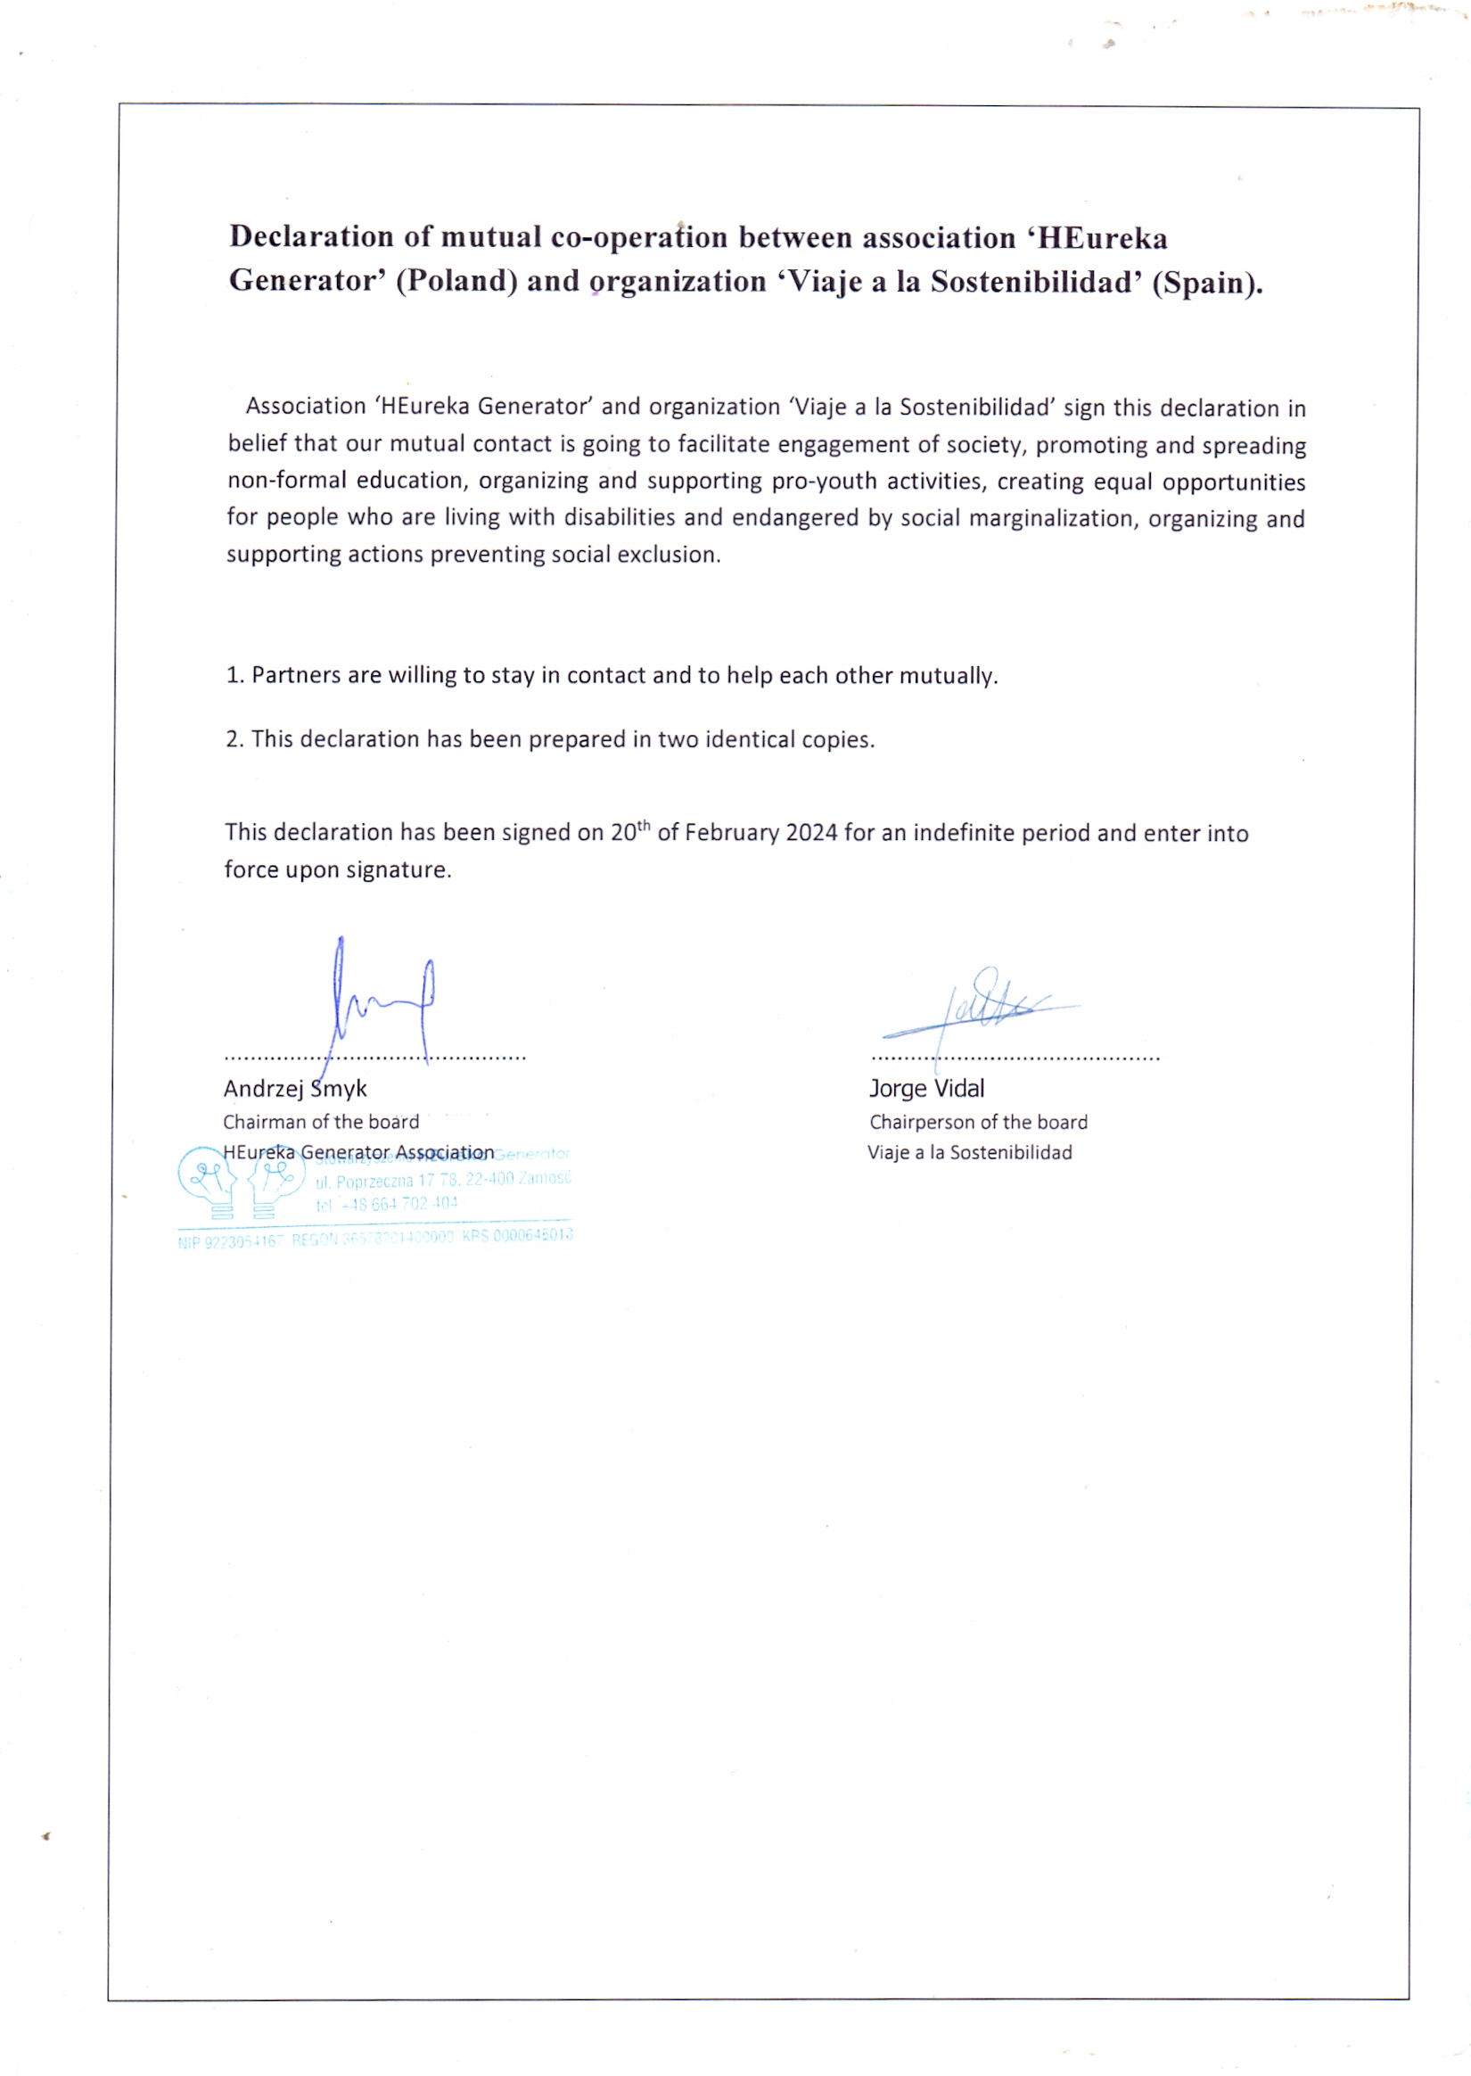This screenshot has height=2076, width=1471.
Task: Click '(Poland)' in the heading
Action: (x=456, y=281)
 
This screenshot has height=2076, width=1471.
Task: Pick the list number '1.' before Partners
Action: (x=234, y=676)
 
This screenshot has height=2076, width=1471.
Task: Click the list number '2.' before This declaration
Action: (x=234, y=739)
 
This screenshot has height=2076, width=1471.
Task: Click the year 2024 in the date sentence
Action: (x=810, y=833)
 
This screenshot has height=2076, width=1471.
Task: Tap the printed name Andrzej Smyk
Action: (x=295, y=1089)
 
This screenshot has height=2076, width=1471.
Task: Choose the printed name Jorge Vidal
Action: (x=925, y=1089)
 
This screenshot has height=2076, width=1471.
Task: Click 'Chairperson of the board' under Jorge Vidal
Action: (x=978, y=1122)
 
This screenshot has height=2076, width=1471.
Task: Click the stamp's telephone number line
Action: (x=387, y=1205)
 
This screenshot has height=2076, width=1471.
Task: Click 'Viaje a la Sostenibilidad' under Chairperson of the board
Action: (x=969, y=1153)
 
